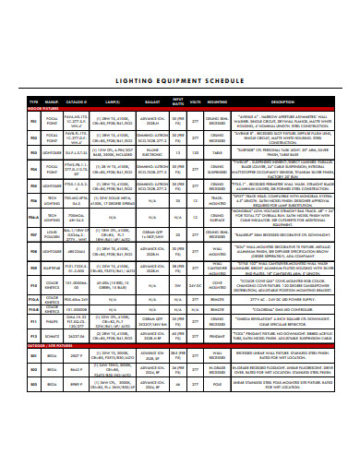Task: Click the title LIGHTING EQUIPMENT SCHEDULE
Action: coord(179,79)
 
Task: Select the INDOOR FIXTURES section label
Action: coord(43,107)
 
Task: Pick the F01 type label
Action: coord(33,118)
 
